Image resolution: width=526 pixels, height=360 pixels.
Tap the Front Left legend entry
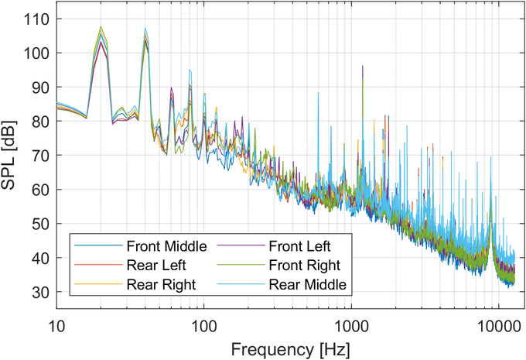click(x=298, y=248)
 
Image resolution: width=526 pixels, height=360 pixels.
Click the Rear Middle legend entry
click(x=305, y=284)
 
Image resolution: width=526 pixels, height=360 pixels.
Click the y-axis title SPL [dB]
click(x=13, y=155)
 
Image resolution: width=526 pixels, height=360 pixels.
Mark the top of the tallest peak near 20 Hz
click(x=101, y=26)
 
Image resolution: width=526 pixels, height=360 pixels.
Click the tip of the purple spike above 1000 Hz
click(x=362, y=67)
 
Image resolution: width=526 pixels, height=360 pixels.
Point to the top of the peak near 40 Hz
click(x=145, y=29)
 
